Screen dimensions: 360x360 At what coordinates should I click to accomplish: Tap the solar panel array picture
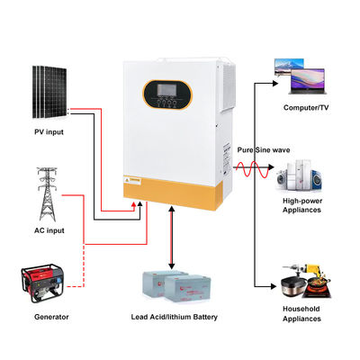pos(49,93)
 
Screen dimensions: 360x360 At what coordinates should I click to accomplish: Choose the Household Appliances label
pos(302,314)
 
